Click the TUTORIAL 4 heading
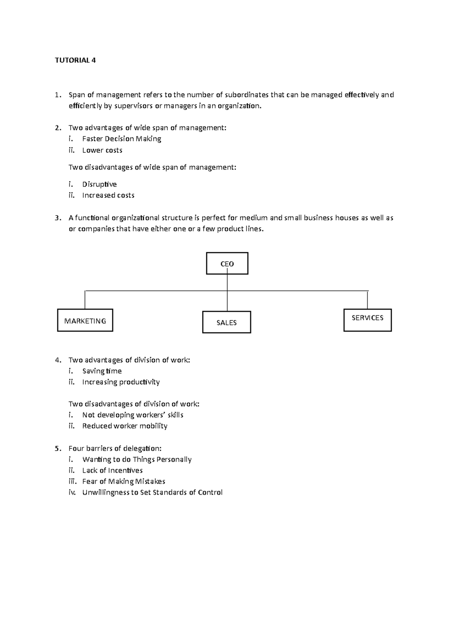click(x=75, y=60)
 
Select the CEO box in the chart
click(x=227, y=264)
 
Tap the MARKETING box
click(x=85, y=321)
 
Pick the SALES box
click(x=227, y=323)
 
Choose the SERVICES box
click(x=367, y=320)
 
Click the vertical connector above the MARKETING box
click(x=85, y=300)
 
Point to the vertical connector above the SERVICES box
click(x=367, y=300)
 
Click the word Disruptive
click(x=100, y=184)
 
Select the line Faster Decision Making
click(x=122, y=139)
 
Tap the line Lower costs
click(x=102, y=150)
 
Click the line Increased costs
click(x=108, y=195)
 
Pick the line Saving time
click(x=102, y=371)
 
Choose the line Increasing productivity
click(x=121, y=382)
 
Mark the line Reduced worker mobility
click(x=125, y=426)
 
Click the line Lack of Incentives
click(x=112, y=470)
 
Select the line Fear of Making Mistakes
click(x=124, y=481)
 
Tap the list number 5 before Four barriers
click(x=57, y=448)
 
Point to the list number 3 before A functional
click(x=57, y=218)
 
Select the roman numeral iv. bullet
click(x=72, y=492)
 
